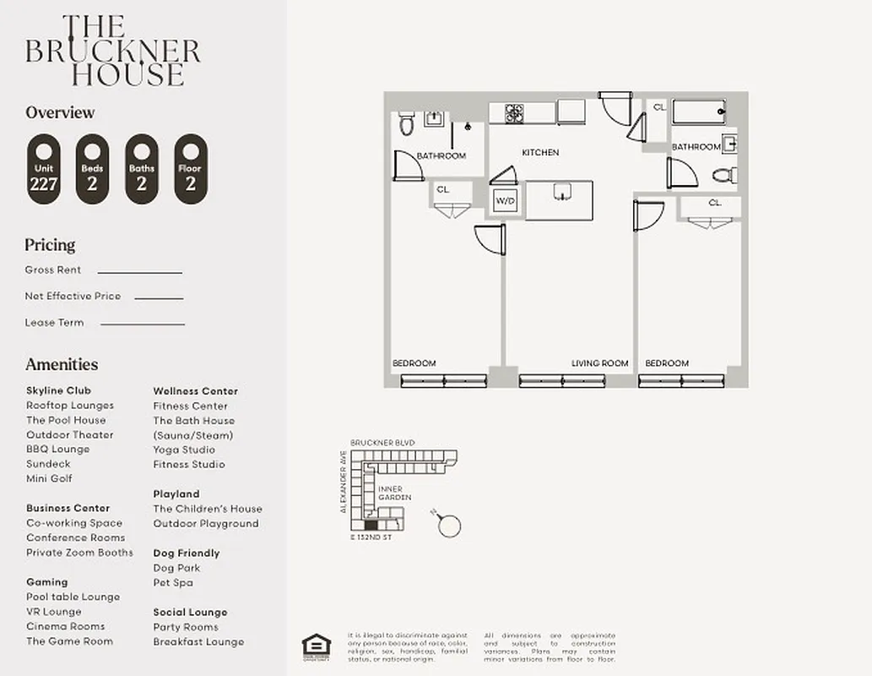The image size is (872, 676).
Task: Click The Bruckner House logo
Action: tap(112, 51)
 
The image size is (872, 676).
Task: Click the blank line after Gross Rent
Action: tap(140, 272)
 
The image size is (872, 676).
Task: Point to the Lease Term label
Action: tap(55, 323)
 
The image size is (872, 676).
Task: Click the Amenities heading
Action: tap(62, 364)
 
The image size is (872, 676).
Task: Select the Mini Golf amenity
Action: tap(49, 478)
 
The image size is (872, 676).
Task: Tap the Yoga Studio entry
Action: tap(184, 450)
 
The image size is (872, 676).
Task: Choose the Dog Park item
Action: tap(176, 568)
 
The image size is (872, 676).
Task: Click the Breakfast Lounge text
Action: tap(198, 641)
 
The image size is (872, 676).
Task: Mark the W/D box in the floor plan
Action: tap(505, 201)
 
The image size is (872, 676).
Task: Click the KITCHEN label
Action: tap(540, 153)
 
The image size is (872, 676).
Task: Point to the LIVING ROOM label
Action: tap(600, 363)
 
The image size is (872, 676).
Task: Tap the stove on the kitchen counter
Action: tap(514, 112)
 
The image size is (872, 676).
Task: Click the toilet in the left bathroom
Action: tap(406, 123)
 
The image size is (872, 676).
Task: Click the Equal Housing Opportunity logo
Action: tap(316, 645)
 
